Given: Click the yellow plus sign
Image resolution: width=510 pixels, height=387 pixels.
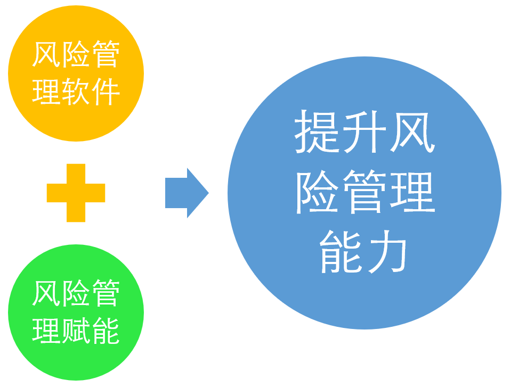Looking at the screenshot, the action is click(x=76, y=193).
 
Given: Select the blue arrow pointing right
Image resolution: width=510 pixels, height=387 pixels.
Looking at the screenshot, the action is click(x=187, y=193).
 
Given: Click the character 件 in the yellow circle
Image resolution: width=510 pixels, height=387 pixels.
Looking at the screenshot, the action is click(x=106, y=91).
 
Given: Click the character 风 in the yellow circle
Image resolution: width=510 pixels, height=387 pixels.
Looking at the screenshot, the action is click(x=46, y=54).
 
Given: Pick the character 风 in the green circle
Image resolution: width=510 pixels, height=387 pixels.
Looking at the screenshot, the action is click(x=46, y=293).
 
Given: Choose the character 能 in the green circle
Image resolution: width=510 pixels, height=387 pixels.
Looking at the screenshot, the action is click(x=106, y=331).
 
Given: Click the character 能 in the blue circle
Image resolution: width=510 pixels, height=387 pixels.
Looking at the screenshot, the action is click(x=340, y=252).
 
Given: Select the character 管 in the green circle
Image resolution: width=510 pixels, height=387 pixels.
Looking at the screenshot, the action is click(x=106, y=293).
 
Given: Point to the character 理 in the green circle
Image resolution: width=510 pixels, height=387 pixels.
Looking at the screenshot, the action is click(x=46, y=331).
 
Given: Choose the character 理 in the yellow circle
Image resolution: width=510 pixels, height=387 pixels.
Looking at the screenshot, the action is click(x=46, y=91).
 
